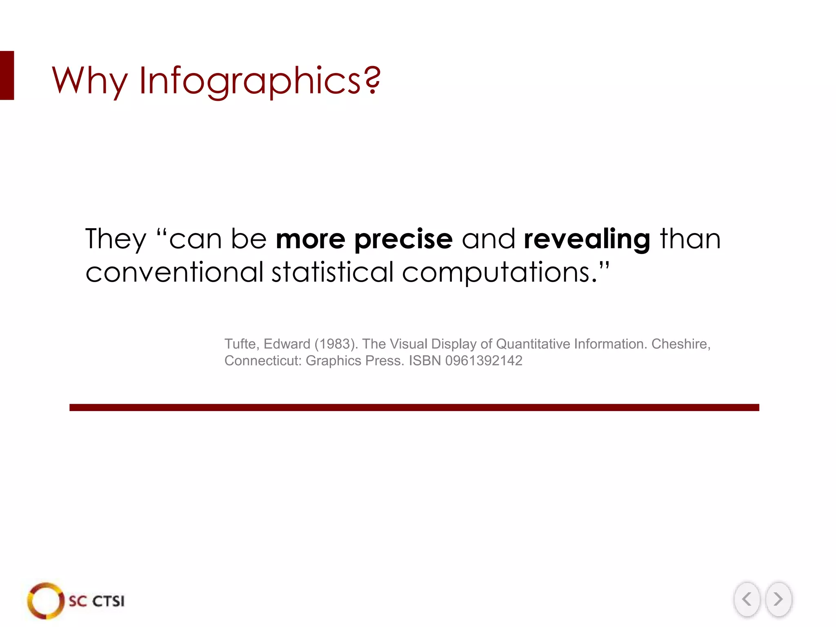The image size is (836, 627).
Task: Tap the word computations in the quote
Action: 496,273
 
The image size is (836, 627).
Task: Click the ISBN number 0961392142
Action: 484,361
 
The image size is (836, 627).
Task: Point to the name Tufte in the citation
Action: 240,344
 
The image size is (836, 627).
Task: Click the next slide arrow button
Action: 778,599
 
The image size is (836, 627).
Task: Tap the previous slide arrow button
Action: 747,599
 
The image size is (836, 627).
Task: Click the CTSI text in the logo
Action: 108,601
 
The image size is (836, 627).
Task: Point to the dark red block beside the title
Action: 7,76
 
